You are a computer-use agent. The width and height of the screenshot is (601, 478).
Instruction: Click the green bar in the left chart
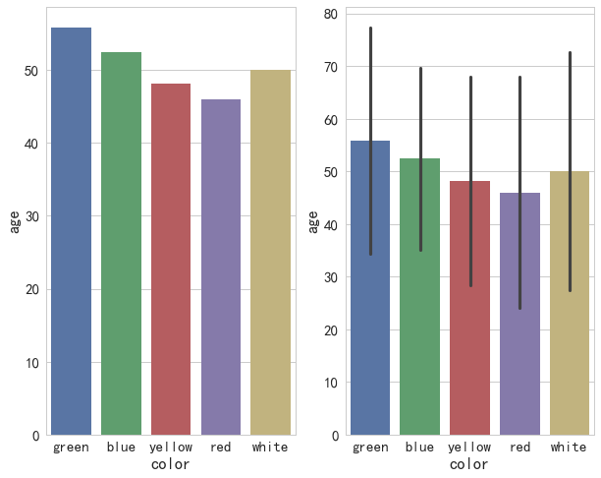pyautogui.click(x=71, y=231)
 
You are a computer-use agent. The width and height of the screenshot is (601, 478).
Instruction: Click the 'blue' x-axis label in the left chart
pyautogui.click(x=121, y=448)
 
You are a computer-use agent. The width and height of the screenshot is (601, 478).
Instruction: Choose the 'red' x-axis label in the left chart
pyautogui.click(x=221, y=448)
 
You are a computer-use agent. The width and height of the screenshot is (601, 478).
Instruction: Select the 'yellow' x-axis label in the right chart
pyautogui.click(x=469, y=448)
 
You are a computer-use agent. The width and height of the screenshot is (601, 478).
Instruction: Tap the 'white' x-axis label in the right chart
pyautogui.click(x=569, y=448)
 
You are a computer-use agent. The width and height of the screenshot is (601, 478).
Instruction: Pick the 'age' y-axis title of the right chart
pyautogui.click(x=312, y=222)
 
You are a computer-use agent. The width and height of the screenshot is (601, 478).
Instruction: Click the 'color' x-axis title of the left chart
pyautogui.click(x=170, y=464)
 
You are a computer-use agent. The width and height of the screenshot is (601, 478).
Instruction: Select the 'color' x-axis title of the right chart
pyautogui.click(x=469, y=464)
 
